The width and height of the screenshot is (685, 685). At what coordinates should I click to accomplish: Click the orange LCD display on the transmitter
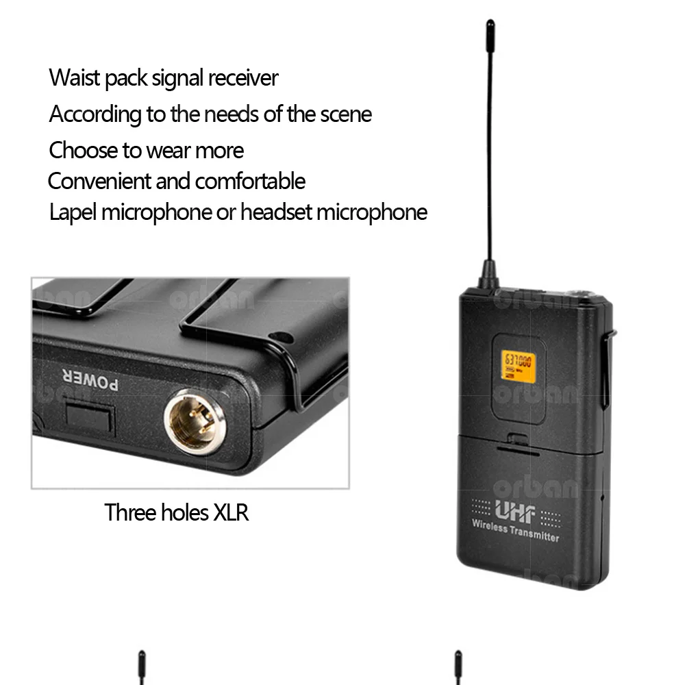pos(518,366)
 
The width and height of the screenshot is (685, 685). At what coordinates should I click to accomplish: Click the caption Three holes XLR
pos(176,512)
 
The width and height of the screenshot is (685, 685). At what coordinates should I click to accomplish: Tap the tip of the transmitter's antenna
pos(490,25)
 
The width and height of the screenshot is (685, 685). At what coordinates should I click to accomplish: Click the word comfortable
pos(250,182)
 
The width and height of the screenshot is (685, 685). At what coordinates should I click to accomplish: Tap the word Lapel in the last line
pos(73,212)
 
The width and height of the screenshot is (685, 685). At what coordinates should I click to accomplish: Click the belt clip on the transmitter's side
pos(607,370)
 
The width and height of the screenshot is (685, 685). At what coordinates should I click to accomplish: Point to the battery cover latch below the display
pos(517,438)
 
